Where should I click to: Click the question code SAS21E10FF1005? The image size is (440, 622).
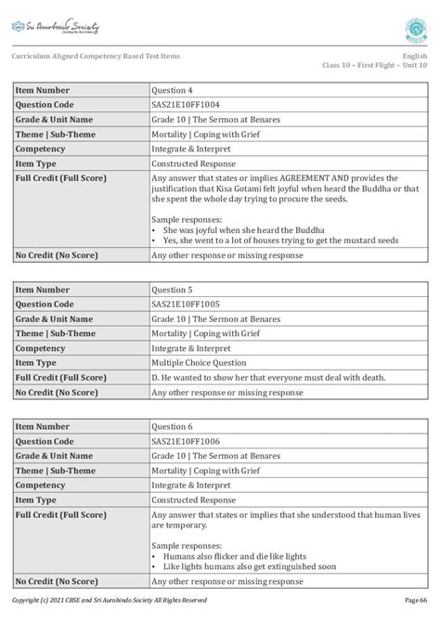point(187,304)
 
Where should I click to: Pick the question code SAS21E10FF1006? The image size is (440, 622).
point(187,442)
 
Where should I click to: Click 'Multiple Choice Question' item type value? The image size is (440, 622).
point(199,363)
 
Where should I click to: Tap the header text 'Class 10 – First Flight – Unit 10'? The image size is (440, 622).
point(375,66)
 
